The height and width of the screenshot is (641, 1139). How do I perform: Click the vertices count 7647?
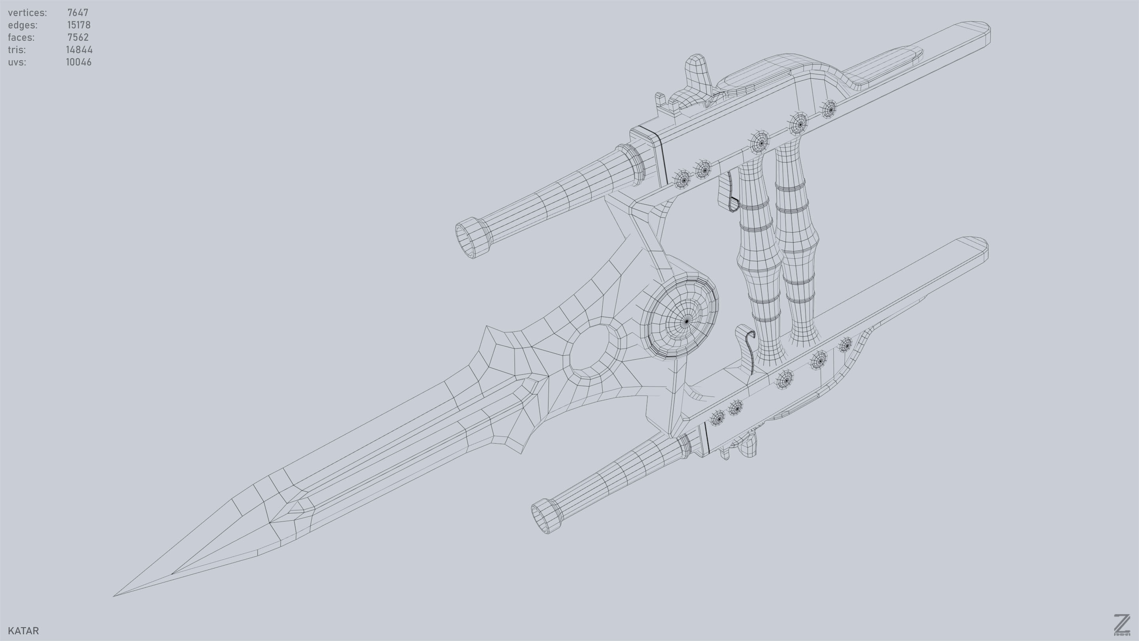[78, 13]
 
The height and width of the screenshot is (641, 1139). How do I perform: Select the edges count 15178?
[79, 25]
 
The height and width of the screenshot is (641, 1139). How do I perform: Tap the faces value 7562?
[78, 38]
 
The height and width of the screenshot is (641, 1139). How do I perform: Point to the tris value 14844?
[79, 50]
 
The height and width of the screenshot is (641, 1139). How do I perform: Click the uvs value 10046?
[79, 63]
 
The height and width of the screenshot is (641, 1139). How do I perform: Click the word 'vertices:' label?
[27, 13]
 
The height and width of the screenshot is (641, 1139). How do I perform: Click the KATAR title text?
[23, 630]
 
